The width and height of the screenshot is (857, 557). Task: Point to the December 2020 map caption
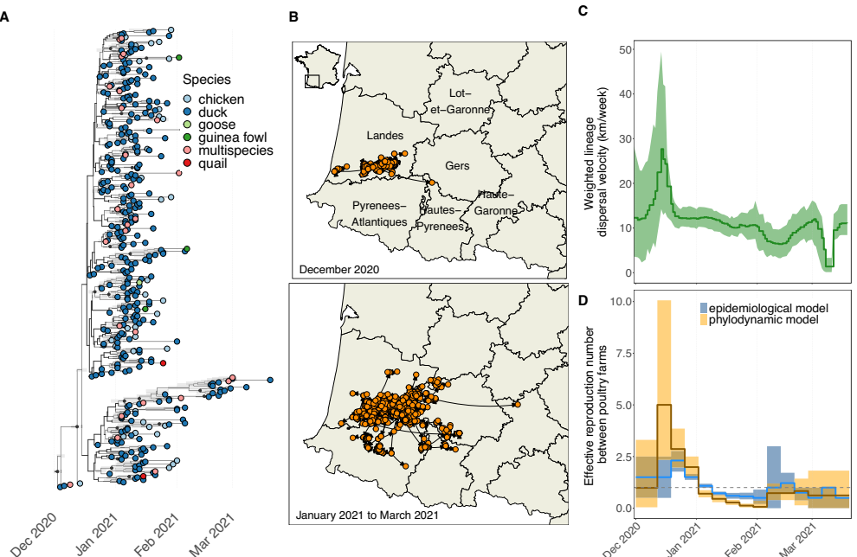[339, 269]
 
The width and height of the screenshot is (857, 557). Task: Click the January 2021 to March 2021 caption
[367, 515]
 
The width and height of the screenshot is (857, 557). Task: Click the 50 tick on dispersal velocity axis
[623, 49]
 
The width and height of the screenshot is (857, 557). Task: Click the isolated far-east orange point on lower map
[517, 404]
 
